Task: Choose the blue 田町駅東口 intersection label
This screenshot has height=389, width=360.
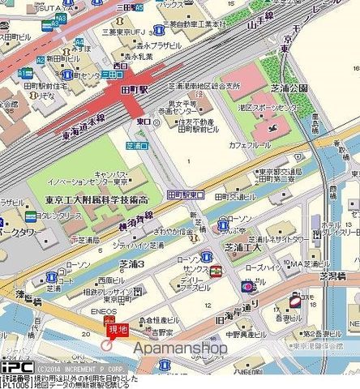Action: click(x=186, y=195)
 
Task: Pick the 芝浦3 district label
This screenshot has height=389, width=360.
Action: click(x=131, y=264)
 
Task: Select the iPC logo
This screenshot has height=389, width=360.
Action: click(x=11, y=367)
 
